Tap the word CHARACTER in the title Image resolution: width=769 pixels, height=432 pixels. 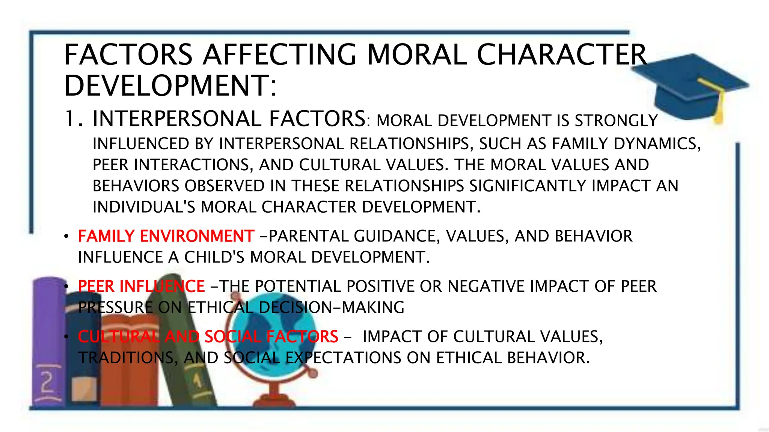562,55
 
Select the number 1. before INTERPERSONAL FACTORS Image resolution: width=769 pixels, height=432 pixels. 74,119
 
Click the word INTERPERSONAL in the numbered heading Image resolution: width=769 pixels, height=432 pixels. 177,119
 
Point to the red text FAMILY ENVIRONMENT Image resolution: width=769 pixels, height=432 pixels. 166,236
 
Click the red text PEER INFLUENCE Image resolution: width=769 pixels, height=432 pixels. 141,286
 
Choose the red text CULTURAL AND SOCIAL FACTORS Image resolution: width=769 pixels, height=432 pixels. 208,337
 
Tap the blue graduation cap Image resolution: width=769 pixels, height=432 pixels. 687,86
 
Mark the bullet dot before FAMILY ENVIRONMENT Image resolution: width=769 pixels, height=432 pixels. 66,237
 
